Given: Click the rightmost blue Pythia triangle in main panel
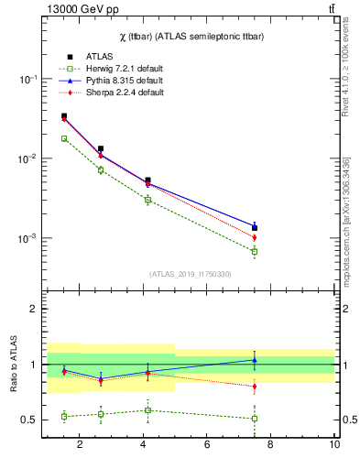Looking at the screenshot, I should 255,224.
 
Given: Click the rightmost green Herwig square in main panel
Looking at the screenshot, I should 255,251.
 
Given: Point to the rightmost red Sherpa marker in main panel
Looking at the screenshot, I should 255,238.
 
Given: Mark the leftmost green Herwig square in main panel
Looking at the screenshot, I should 64,138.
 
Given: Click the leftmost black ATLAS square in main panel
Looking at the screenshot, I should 64,116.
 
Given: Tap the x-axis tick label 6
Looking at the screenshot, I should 207,445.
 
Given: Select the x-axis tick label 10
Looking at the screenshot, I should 334,445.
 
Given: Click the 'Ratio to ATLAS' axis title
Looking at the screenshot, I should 13,365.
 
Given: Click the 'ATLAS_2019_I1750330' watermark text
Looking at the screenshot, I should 190,274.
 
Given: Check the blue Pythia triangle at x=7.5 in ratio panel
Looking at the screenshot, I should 255,359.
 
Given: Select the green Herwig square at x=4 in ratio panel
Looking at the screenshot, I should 147,409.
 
